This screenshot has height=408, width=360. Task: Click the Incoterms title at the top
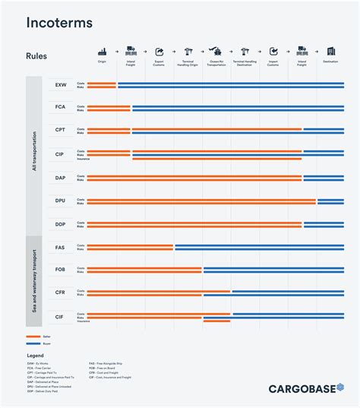pyautogui.click(x=59, y=23)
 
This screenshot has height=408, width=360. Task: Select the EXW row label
pyautogui.click(x=61, y=85)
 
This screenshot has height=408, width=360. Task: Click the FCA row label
pyautogui.click(x=61, y=108)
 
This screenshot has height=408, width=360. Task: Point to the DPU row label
pyautogui.click(x=61, y=201)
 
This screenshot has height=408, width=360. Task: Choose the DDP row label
pyautogui.click(x=61, y=224)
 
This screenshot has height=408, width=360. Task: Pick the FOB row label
pyautogui.click(x=61, y=270)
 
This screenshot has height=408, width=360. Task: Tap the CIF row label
pyautogui.click(x=61, y=316)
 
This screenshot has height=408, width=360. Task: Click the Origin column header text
pyautogui.click(x=102, y=62)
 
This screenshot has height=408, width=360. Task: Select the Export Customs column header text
pyautogui.click(x=159, y=63)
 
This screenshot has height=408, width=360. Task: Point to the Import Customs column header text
pyautogui.click(x=273, y=63)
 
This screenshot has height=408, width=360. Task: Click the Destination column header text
pyautogui.click(x=330, y=62)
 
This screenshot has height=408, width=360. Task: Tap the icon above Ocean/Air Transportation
pyautogui.click(x=216, y=52)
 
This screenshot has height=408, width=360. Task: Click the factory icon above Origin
pyautogui.click(x=102, y=52)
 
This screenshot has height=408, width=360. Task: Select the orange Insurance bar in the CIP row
pyautogui.click(x=216, y=159)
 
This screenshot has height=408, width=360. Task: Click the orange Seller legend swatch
pyautogui.click(x=33, y=336)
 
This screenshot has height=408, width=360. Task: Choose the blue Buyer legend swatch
pyautogui.click(x=33, y=343)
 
